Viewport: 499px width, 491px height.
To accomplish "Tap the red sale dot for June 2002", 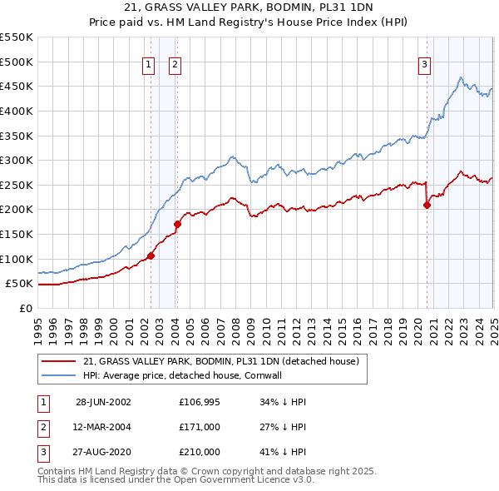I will tap(151, 255).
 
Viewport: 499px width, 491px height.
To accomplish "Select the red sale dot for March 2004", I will tap(177, 224).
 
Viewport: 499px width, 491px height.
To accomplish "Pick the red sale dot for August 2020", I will tap(427, 205).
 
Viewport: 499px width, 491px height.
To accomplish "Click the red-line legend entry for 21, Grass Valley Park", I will tap(220, 361).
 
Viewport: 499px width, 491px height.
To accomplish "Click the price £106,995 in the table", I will tap(199, 402).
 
